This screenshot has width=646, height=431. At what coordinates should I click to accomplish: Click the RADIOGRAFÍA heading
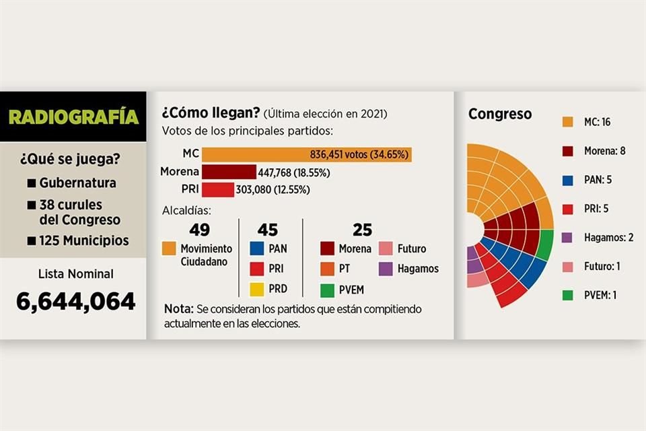click(x=73, y=117)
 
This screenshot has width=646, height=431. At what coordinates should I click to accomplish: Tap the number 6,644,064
click(x=75, y=302)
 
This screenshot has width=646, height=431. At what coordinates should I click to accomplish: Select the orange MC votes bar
click(x=306, y=154)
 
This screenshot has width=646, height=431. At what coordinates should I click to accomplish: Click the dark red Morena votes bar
click(x=229, y=172)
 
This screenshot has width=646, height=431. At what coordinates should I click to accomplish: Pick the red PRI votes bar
click(x=217, y=190)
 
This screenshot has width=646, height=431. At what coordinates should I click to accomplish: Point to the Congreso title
click(x=499, y=114)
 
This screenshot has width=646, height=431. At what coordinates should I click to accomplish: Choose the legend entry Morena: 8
click(x=594, y=151)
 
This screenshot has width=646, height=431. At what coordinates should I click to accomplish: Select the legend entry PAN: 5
click(x=587, y=180)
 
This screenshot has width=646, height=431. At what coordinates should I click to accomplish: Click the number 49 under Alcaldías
click(x=199, y=230)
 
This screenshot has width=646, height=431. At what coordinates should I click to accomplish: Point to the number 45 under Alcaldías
click(x=267, y=230)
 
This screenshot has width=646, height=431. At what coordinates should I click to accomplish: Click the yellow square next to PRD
click(x=257, y=289)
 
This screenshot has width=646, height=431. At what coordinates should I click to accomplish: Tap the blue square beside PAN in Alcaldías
click(x=257, y=249)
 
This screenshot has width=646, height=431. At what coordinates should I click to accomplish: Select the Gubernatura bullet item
click(x=71, y=183)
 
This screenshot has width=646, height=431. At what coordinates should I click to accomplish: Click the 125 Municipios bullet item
click(x=77, y=240)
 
